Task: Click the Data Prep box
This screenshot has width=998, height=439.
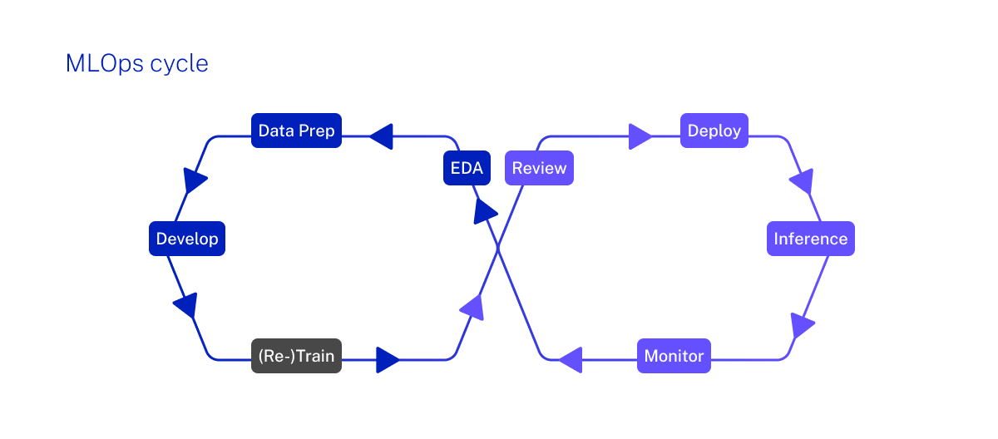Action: [x=297, y=131]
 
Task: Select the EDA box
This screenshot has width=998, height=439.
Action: [x=467, y=168]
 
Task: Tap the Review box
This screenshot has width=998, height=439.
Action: [x=539, y=168]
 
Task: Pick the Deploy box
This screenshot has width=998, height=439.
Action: [x=714, y=131]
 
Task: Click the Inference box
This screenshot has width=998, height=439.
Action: [x=810, y=239]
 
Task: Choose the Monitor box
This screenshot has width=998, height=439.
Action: [x=674, y=356]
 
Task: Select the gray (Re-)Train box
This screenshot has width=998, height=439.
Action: [x=296, y=356]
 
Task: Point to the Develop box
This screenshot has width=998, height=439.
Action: [x=187, y=239]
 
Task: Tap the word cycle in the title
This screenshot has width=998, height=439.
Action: [x=179, y=63]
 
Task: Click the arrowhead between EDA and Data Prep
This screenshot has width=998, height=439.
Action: [x=381, y=136]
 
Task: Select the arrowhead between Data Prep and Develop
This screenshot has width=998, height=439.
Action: [x=195, y=180]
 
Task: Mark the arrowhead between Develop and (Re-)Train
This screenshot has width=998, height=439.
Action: [x=186, y=305]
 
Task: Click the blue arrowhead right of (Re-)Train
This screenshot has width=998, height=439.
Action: [x=387, y=360]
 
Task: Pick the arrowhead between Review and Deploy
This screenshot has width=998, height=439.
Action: [x=640, y=136]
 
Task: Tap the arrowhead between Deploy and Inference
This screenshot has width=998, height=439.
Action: [x=802, y=180]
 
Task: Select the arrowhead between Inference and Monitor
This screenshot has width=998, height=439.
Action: [x=802, y=324]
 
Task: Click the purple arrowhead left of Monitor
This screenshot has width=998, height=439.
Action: [x=571, y=360]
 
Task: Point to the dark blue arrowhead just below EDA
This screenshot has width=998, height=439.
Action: [x=485, y=211]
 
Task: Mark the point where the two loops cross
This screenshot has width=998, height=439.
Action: [x=498, y=247]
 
